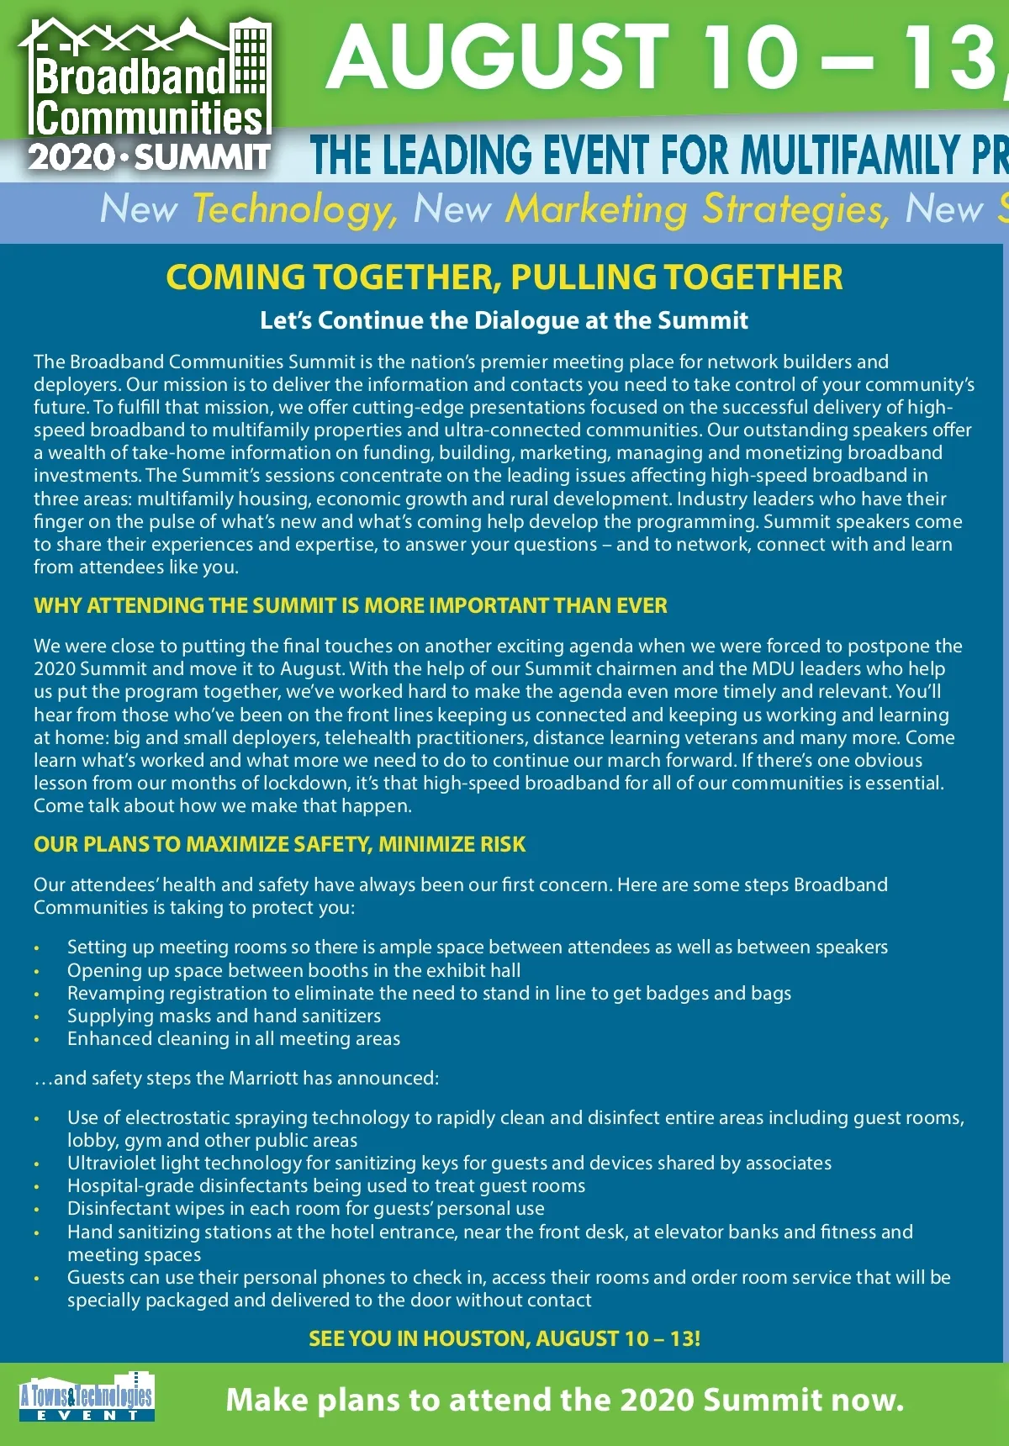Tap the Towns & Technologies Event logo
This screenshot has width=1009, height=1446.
[87, 1398]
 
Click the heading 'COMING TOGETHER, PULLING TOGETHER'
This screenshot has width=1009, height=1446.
[504, 277]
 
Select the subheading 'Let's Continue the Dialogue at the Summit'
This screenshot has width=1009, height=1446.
[504, 320]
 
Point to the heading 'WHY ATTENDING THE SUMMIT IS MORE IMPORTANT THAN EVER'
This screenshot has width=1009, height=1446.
[351, 605]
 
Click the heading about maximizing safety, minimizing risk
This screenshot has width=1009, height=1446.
[279, 844]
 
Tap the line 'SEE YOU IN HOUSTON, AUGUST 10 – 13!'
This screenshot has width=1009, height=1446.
[504, 1338]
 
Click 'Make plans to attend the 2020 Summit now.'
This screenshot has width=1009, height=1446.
[565, 1400]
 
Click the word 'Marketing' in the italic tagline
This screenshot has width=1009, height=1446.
[596, 209]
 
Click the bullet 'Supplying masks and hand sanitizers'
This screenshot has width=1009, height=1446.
[224, 1016]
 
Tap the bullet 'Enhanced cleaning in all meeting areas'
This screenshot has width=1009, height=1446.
[234, 1038]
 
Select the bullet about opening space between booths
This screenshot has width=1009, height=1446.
[293, 970]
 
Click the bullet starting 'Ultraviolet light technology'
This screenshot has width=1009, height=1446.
[449, 1163]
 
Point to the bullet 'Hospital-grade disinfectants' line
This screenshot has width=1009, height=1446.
[326, 1185]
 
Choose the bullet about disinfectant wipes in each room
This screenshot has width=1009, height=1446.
[306, 1208]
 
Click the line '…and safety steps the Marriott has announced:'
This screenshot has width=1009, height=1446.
[236, 1078]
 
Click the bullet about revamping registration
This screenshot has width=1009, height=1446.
[429, 993]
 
